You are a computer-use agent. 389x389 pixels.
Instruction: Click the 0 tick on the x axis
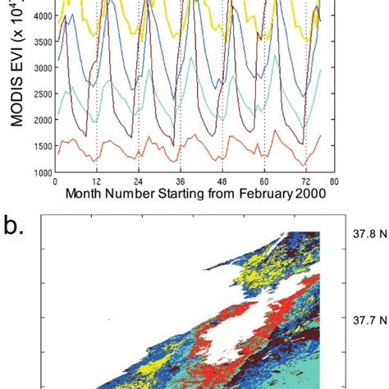(x=55, y=181)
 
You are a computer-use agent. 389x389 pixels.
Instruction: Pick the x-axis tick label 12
(x=97, y=181)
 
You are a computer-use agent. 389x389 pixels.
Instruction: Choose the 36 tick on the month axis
(x=181, y=181)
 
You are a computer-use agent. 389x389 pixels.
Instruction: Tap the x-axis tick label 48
(x=222, y=181)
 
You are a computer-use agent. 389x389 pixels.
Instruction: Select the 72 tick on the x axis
(x=305, y=181)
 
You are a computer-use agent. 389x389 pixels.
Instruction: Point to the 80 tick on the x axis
(x=333, y=181)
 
